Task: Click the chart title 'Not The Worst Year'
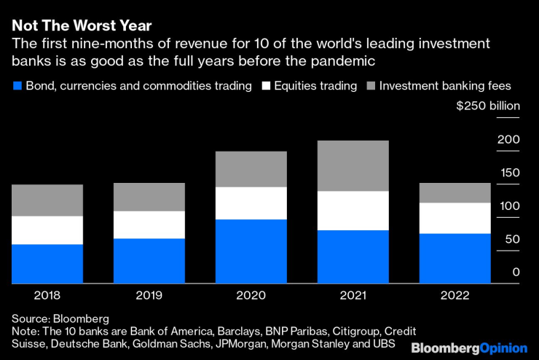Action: (82, 26)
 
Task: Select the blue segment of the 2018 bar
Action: (47, 263)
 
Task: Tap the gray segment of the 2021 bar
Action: (353, 165)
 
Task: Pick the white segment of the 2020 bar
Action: (251, 203)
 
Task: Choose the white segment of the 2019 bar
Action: (149, 224)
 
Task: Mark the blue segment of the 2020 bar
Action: (251, 251)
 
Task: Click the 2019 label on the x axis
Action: (149, 296)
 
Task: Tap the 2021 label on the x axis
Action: (353, 296)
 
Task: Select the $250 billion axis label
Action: (488, 106)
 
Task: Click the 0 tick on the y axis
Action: (516, 273)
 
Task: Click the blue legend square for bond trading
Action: (17, 86)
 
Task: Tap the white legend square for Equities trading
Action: (267, 86)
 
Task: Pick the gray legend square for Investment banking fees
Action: (373, 86)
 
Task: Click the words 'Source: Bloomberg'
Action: (60, 318)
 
